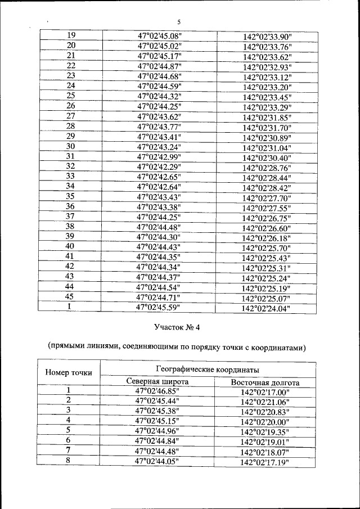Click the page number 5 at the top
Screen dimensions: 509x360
click(178, 22)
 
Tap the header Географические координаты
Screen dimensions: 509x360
click(207, 369)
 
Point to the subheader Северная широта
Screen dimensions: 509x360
click(157, 382)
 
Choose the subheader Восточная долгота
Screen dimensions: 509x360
click(265, 382)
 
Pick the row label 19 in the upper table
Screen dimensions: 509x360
click(71, 35)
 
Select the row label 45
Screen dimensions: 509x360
click(70, 296)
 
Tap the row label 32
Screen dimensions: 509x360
click(70, 166)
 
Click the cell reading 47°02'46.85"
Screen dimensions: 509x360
click(157, 391)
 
